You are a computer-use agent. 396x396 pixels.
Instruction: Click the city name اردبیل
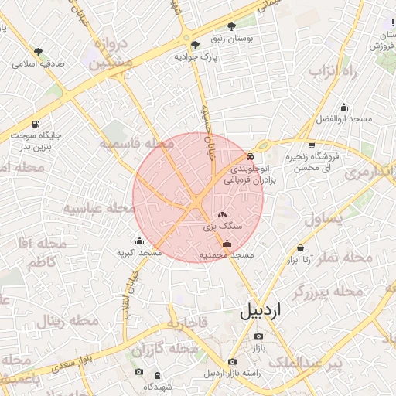[263, 311]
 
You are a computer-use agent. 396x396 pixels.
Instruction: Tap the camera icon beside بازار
[258, 336]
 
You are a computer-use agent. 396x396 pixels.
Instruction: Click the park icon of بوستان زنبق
[231, 26]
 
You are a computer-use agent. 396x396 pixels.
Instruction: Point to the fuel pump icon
[36, 125]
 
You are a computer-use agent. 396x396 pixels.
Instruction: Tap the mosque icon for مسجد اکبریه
[139, 241]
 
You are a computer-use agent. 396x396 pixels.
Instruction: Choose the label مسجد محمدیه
[227, 254]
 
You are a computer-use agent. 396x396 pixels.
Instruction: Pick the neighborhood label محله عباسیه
[95, 208]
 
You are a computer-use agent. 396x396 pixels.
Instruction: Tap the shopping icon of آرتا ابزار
[300, 248]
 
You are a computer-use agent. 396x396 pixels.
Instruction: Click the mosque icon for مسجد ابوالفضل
[344, 108]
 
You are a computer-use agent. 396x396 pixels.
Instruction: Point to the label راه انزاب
[336, 72]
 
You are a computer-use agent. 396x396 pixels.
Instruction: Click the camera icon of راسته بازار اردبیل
[232, 362]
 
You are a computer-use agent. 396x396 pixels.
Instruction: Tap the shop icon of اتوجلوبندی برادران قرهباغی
[238, 157]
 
